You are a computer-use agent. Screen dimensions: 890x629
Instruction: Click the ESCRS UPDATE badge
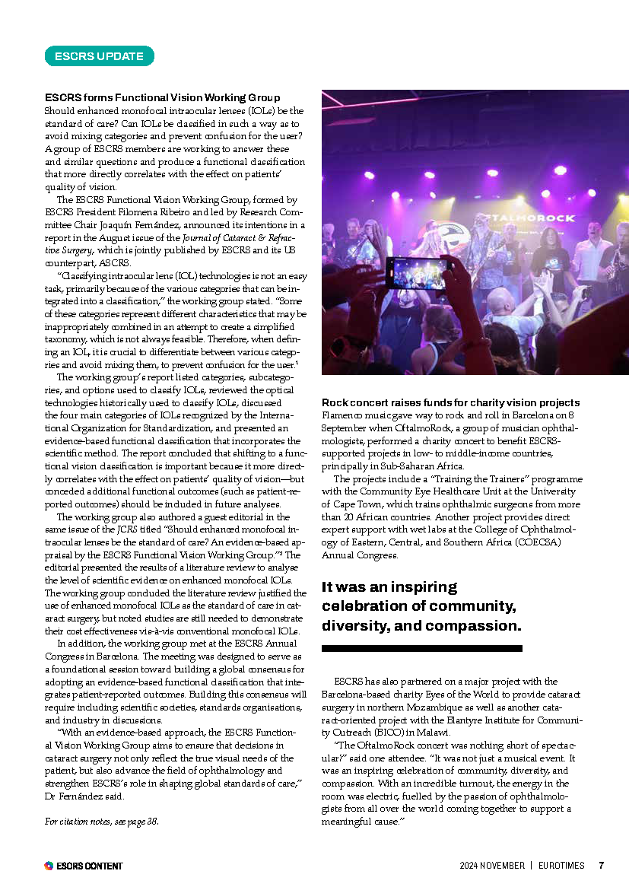pos(100,56)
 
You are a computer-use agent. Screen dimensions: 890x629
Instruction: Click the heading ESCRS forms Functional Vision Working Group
pos(162,97)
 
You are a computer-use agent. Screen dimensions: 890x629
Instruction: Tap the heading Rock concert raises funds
pos(450,402)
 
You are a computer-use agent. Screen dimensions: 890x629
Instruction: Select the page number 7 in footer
pos(601,866)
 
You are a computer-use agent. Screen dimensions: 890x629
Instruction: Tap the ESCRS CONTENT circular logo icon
pos(49,866)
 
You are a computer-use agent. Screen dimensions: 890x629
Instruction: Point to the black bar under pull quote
pos(421,648)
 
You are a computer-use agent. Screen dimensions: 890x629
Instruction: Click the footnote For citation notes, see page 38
pos(102,822)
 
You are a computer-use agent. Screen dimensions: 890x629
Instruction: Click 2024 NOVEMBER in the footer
pos(491,866)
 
